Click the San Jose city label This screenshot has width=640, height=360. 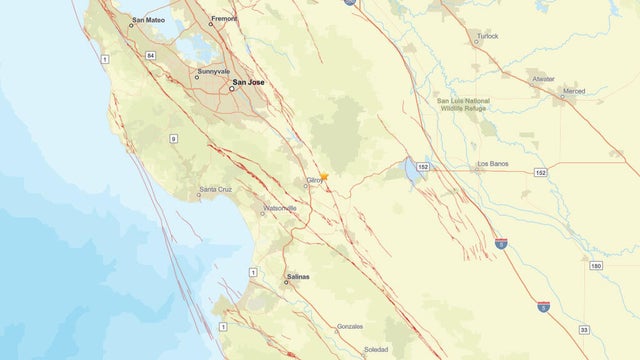click(x=249, y=82)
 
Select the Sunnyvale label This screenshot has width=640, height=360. click(x=213, y=71)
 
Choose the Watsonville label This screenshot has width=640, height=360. click(x=279, y=207)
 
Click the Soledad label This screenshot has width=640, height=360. click(x=377, y=349)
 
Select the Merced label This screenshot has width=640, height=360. click(x=574, y=91)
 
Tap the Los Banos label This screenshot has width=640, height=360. click(x=494, y=163)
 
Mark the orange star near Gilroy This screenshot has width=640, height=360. click(x=324, y=176)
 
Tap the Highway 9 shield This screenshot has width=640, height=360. click(x=173, y=138)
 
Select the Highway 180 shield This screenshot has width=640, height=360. click(x=595, y=266)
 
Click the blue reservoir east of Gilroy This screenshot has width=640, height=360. click(x=412, y=171)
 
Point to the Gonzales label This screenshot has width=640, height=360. click(x=349, y=326)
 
